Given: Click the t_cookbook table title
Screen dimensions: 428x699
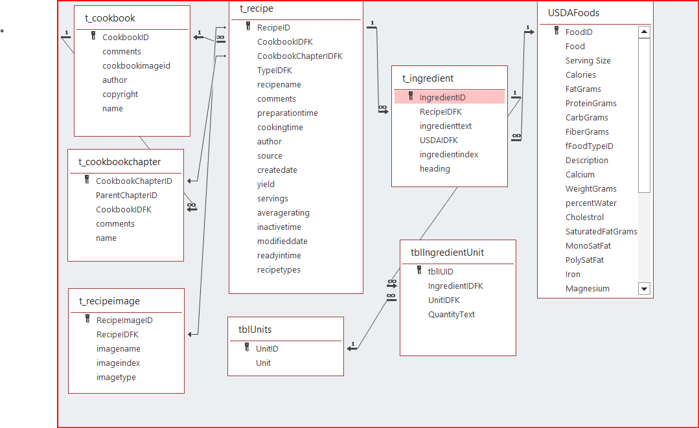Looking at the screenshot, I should point(110,18).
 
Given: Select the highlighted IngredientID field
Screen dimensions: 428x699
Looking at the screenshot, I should point(442,97).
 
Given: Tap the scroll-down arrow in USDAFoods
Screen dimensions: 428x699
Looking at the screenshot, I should point(644,289).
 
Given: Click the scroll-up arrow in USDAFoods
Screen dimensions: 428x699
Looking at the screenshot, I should point(644,32).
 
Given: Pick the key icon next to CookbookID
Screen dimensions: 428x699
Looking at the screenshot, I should point(93,37).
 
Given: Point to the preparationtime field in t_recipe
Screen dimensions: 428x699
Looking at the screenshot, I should point(287,113).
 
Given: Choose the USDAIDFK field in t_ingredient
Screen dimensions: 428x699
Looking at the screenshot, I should point(439,140).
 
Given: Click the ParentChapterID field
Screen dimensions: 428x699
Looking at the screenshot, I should point(126,196).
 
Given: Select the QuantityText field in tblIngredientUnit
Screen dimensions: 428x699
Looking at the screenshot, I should point(451,315).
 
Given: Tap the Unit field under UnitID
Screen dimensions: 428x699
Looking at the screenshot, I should point(263,363).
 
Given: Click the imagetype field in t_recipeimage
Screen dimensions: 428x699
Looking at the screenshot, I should point(116,377).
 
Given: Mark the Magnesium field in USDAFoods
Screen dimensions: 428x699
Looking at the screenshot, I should point(587,289).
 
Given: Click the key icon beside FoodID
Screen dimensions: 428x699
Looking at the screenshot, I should point(556,32).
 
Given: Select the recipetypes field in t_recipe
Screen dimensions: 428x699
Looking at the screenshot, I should point(279,270).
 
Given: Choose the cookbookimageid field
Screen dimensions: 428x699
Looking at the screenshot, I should point(136,66).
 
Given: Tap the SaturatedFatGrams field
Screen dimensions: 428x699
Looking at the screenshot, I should point(601,232).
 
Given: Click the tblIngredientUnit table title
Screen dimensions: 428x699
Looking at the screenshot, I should point(447,253).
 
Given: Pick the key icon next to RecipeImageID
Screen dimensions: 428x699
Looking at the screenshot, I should point(87,320).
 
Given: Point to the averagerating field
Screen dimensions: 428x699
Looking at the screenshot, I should point(283,213).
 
